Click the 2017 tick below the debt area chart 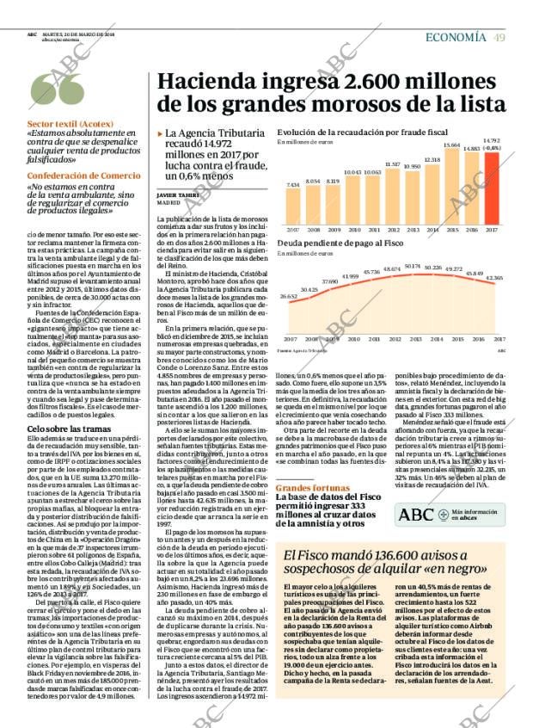[493, 339]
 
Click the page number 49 [499, 36]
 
